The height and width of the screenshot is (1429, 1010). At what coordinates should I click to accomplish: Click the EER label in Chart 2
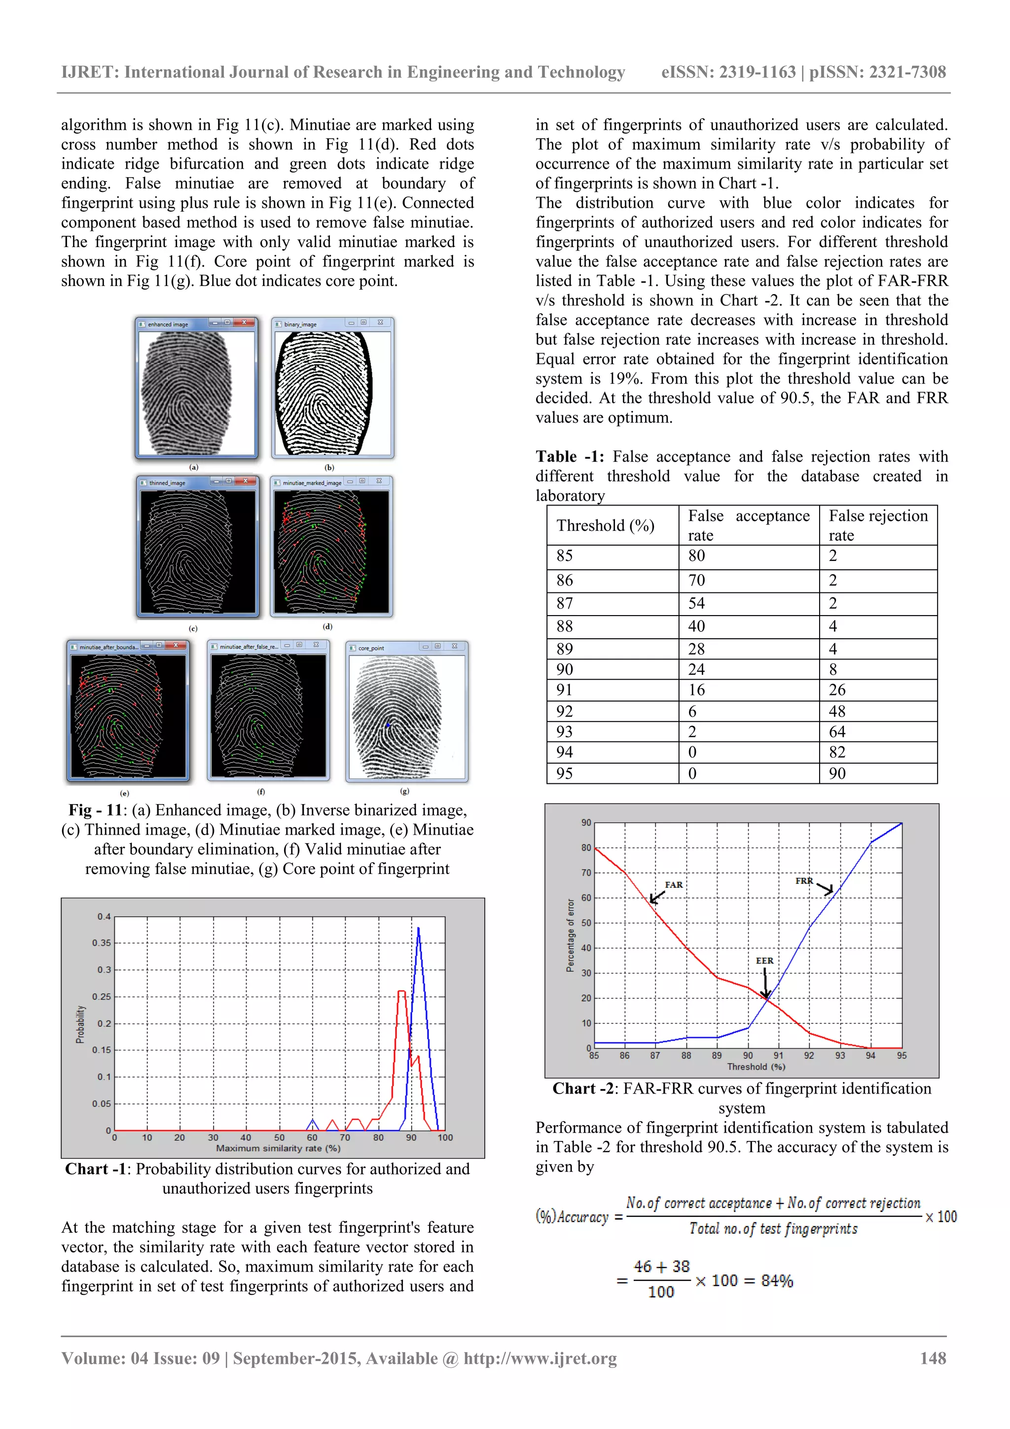764,960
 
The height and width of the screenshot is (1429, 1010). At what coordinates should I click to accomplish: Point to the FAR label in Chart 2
673,884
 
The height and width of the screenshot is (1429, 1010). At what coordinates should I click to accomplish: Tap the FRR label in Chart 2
804,880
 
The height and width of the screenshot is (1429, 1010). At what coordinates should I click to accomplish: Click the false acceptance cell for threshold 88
696,626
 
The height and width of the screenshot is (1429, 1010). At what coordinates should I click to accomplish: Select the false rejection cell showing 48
837,711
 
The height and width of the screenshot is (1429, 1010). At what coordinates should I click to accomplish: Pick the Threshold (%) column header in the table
605,526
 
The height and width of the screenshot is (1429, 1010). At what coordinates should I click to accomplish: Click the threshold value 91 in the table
565,690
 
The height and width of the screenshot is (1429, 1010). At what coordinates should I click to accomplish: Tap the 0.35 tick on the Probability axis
102,943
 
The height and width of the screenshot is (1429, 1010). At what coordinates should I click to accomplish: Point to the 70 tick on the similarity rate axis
345,1137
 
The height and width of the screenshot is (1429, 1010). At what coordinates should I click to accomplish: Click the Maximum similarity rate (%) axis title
278,1148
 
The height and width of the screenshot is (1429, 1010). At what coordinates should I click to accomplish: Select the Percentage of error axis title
570,935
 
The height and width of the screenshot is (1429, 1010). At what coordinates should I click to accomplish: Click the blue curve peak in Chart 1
418,929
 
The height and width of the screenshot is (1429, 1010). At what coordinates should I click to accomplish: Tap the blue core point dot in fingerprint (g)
388,725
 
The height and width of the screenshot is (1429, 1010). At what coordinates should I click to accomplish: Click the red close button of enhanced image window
245,323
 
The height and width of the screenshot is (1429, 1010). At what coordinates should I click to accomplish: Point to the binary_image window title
300,324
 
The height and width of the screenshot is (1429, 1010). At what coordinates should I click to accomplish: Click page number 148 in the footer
933,1358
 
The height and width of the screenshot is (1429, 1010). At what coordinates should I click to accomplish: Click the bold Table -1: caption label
570,457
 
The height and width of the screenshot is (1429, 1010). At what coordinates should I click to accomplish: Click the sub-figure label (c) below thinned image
193,628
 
